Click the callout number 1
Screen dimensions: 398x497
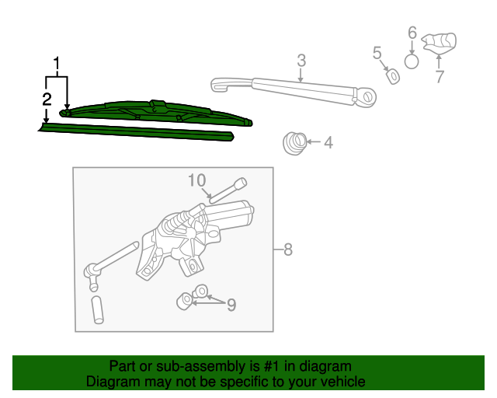(57, 62)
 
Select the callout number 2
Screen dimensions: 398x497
(47, 99)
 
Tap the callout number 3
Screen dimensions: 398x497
(301, 60)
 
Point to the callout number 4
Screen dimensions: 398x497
(328, 142)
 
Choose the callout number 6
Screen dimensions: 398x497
(412, 33)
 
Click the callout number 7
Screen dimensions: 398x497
(440, 75)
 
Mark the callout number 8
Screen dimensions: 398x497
(287, 250)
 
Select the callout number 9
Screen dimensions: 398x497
(231, 305)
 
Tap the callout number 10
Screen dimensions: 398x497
(197, 180)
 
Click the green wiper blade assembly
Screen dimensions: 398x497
(155, 112)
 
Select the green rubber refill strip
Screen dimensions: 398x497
(136, 131)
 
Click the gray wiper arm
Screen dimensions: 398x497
(295, 89)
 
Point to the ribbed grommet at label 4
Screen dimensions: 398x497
(294, 143)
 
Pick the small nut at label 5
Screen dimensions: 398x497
(394, 76)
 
